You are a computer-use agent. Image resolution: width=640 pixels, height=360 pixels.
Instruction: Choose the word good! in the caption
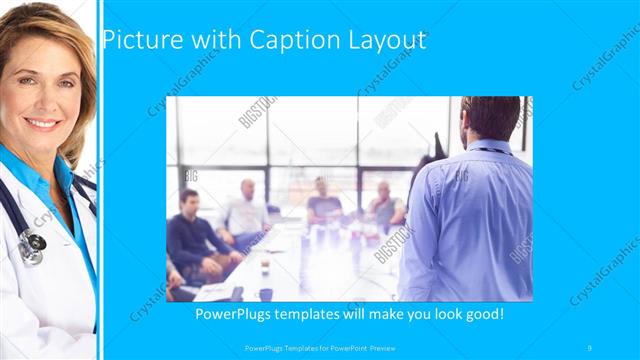click(481, 314)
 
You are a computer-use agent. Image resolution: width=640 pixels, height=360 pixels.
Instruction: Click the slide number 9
click(590, 347)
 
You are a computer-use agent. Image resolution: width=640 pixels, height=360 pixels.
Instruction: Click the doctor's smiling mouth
click(42, 123)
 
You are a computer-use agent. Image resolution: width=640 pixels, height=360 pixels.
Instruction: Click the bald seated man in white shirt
click(247, 208)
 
